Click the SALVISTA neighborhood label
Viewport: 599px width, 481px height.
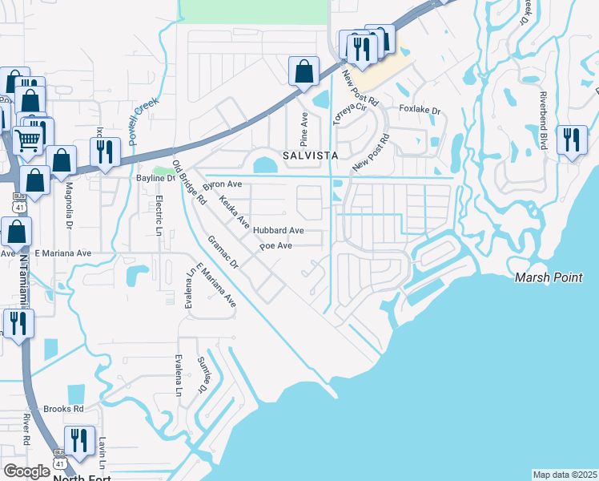308,154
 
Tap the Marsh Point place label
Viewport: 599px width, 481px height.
549,277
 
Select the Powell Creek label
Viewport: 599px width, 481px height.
143,120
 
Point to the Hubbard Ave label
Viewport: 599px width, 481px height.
279,230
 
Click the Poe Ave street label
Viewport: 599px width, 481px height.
275,246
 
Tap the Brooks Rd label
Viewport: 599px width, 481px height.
64,408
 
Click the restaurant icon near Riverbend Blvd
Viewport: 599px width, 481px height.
571,140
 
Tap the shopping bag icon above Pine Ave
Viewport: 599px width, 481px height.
304,71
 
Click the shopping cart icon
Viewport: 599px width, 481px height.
29,141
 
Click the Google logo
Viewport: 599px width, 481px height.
26,471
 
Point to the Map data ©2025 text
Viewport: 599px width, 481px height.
565,475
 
